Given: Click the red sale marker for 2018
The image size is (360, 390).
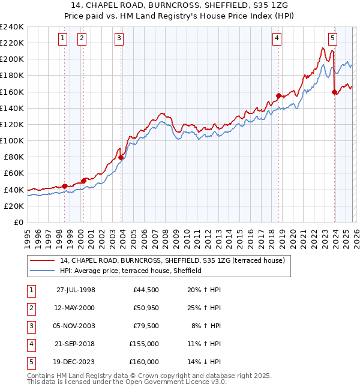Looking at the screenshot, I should pos(278,95).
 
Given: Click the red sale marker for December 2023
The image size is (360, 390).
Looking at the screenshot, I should pos(334,92).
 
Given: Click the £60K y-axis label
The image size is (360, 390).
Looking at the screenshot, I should pos(14,173).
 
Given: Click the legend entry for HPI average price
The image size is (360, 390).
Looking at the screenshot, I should pos(130,271).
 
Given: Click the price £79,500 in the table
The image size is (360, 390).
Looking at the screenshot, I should pos(144,326).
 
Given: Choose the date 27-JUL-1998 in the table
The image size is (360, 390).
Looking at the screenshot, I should pos(76,290).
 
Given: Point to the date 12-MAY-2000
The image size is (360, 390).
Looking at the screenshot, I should pos(76,308).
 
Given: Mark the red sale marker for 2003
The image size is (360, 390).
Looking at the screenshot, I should pos(121,158).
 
